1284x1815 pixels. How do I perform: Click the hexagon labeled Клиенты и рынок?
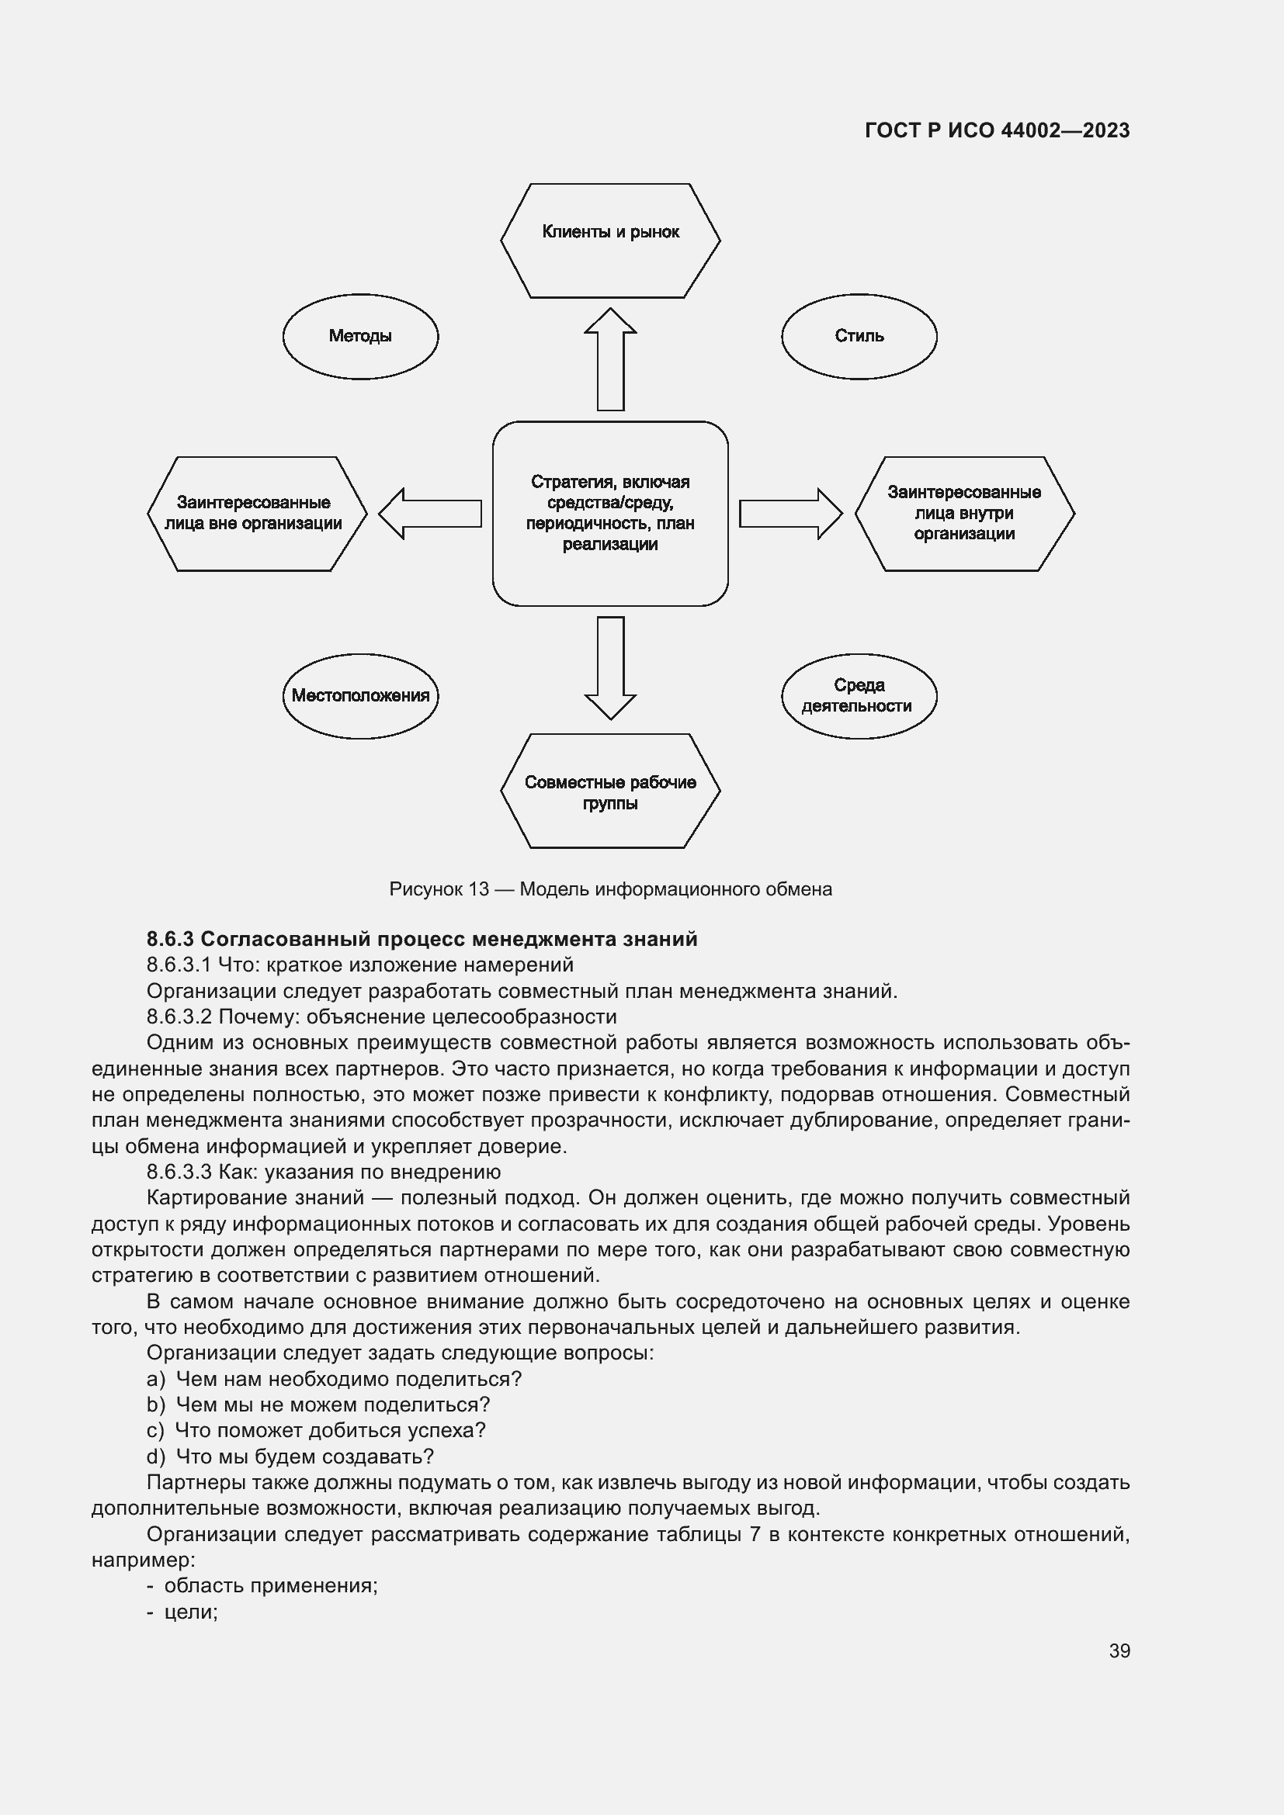[609, 241]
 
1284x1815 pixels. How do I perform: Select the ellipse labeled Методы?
[360, 337]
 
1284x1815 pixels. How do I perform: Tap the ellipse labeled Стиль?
[859, 337]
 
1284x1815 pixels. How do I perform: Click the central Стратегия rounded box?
[609, 513]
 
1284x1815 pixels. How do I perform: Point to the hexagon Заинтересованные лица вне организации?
[256, 513]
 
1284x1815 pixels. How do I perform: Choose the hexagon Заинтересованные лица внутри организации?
[964, 513]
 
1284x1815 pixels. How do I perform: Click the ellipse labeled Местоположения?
[360, 695]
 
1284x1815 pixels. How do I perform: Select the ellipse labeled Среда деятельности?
[859, 695]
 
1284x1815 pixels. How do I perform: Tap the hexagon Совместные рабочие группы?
[609, 791]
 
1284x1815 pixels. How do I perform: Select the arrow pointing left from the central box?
[431, 513]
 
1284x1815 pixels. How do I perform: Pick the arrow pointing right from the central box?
[789, 513]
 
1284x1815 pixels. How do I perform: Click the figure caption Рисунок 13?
[609, 889]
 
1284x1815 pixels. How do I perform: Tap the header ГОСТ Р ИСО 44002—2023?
[997, 130]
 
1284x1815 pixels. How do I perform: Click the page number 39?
[1119, 1651]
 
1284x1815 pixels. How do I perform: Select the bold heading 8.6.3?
[422, 939]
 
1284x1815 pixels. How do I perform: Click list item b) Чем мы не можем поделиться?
[318, 1405]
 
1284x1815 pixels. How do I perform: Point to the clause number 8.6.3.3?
[179, 1172]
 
